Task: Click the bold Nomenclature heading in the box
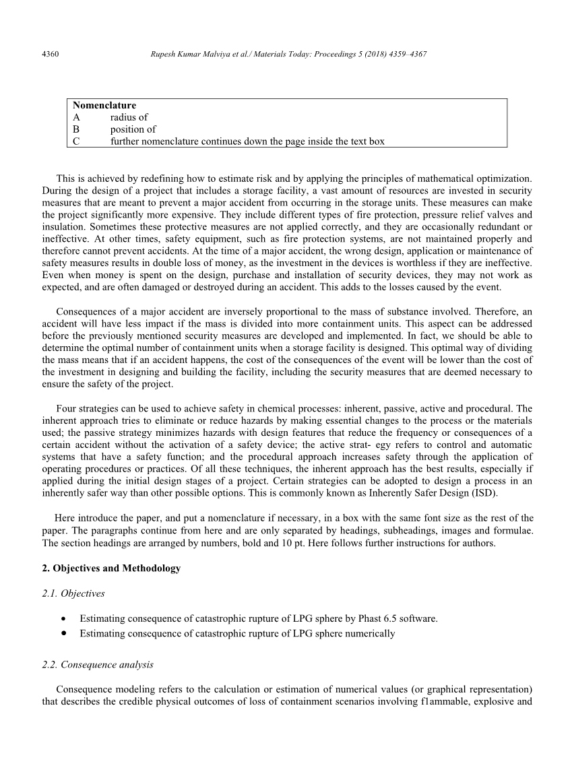[104, 105]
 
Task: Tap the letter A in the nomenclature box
[77, 117]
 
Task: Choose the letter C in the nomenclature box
[77, 141]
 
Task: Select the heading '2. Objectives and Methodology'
[111, 568]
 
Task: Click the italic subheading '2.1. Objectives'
[73, 593]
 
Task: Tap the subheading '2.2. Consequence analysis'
[98, 664]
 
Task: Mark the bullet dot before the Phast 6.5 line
[63, 618]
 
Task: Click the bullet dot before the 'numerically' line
[63, 634]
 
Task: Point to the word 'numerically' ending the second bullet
[371, 634]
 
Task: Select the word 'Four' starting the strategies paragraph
[67, 408]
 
